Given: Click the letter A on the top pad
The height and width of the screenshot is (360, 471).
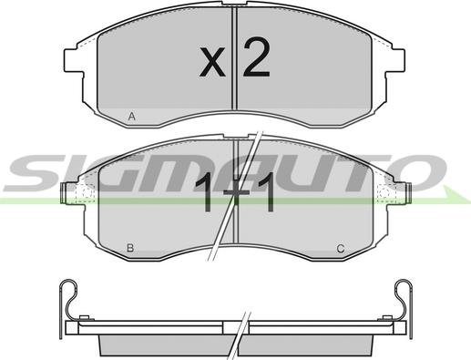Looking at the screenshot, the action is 131,117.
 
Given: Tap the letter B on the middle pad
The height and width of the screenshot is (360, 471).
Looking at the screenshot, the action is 130,248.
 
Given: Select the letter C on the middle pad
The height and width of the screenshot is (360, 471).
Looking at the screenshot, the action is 341,249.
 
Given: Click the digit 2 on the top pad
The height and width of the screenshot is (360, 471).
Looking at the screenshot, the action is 256,57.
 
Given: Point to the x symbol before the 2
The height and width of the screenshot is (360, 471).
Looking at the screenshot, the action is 212,61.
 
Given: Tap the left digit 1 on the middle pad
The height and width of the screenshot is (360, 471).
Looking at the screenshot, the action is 206,192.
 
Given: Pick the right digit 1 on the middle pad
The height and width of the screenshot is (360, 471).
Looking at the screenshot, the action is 267,192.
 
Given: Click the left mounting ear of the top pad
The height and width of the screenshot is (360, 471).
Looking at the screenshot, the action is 74,61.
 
